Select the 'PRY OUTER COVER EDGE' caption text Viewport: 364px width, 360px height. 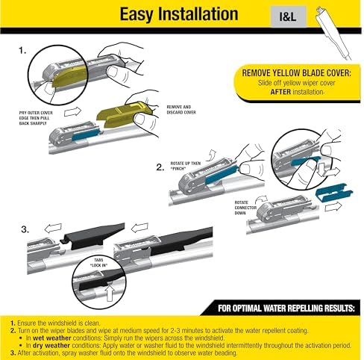(44, 118)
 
